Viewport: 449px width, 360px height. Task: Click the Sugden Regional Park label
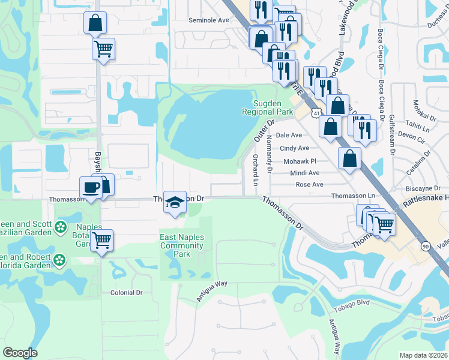pyautogui.click(x=267, y=107)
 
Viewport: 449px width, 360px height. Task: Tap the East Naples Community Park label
pyautogui.click(x=182, y=245)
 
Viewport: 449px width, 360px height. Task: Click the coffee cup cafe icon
pyautogui.click(x=92, y=187)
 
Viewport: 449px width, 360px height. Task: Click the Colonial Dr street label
pyautogui.click(x=126, y=292)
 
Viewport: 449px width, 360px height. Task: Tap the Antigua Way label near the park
pyautogui.click(x=213, y=292)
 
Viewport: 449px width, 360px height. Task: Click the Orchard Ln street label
pyautogui.click(x=255, y=170)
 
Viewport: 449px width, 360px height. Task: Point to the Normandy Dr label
pyautogui.click(x=270, y=153)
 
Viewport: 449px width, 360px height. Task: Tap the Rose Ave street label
pyautogui.click(x=309, y=184)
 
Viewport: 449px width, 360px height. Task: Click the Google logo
pyautogui.click(x=20, y=352)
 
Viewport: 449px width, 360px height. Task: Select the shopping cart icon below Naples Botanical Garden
pyautogui.click(x=102, y=241)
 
